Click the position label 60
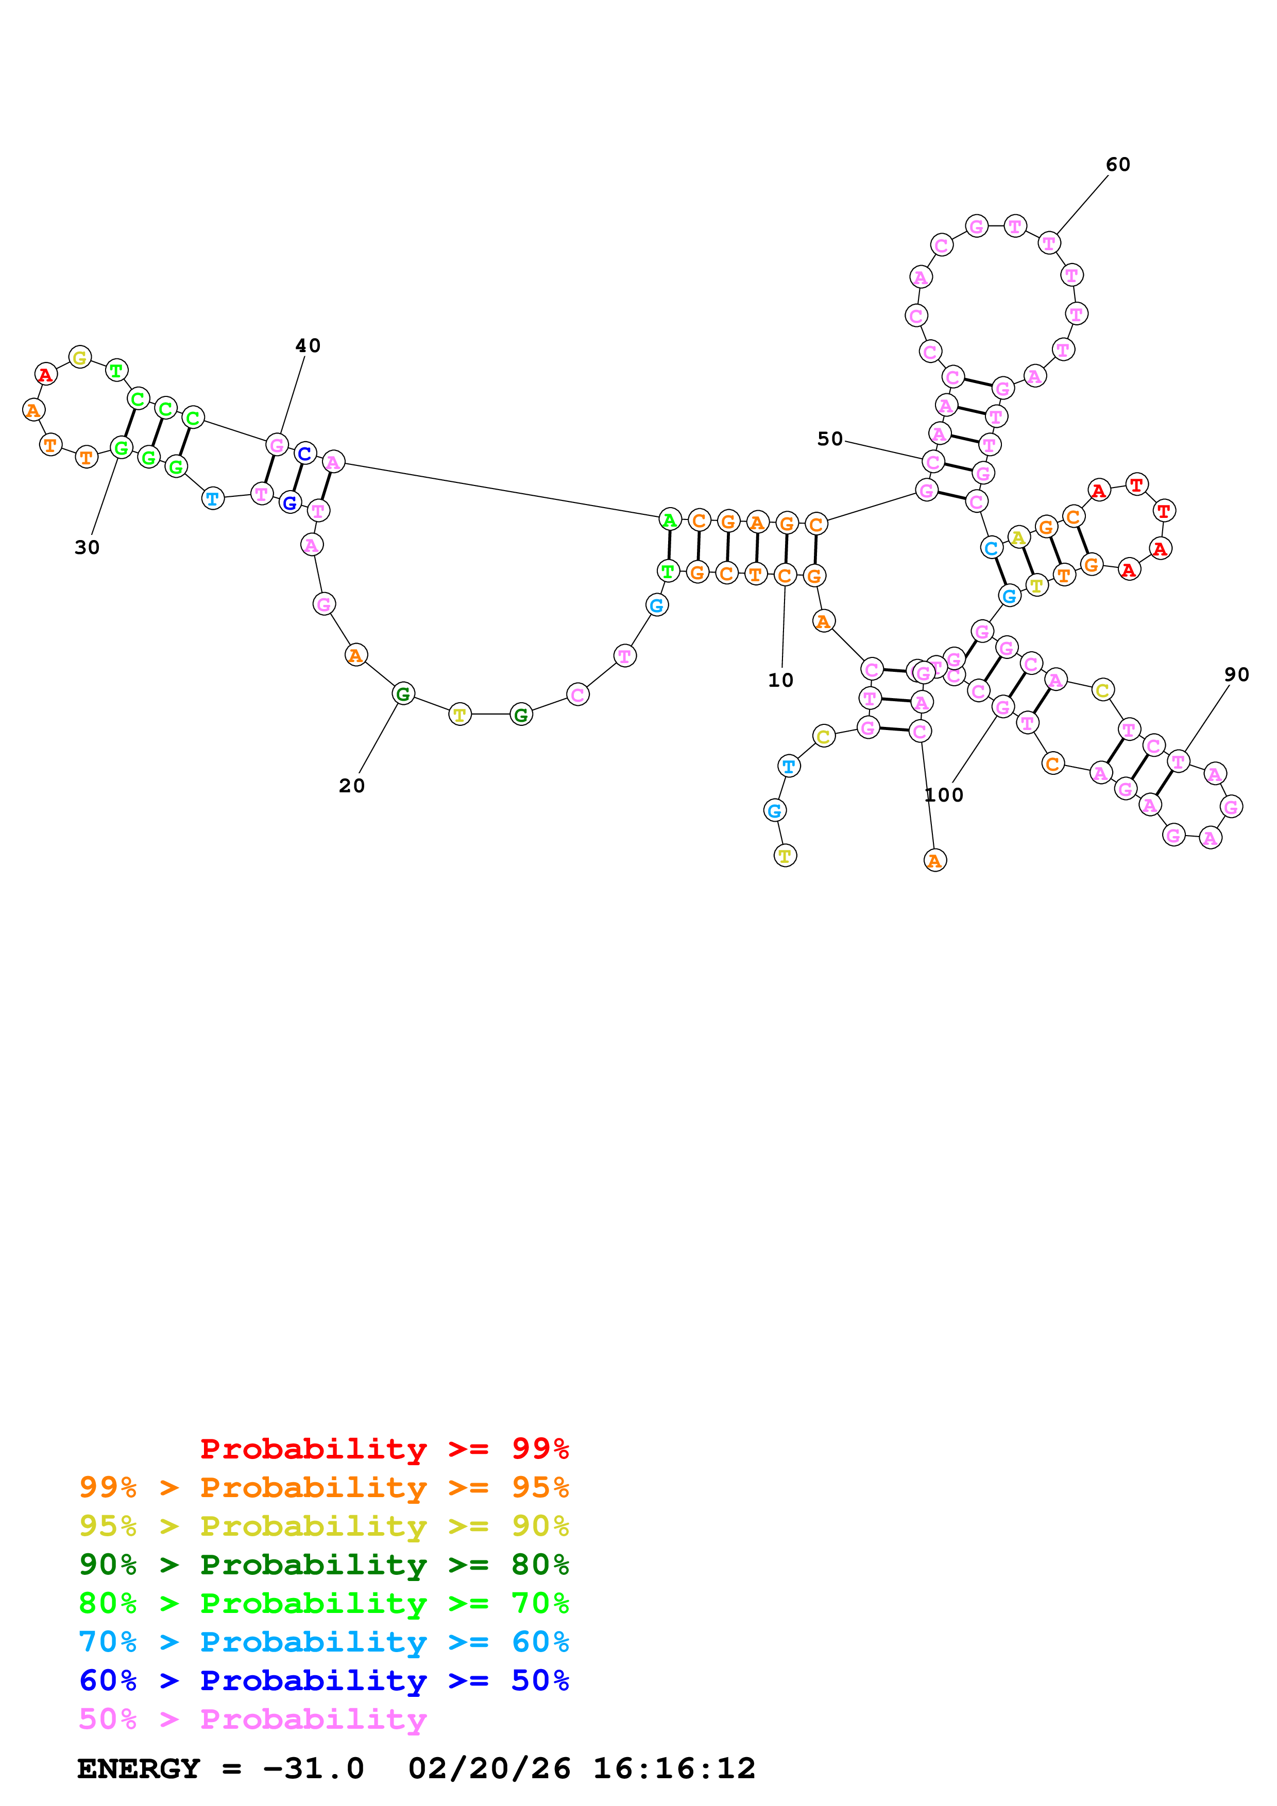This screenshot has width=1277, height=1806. [1117, 164]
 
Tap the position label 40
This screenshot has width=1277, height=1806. [308, 345]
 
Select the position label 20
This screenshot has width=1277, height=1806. [352, 786]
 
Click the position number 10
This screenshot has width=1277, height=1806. [780, 681]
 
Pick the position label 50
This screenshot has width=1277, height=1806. [829, 439]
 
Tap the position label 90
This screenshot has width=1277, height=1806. [1236, 675]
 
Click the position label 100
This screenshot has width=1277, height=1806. [943, 795]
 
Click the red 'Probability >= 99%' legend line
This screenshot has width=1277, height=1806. [384, 1449]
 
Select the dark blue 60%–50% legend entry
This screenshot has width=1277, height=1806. [323, 1681]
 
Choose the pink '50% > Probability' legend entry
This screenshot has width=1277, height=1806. [252, 1720]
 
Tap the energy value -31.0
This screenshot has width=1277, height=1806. [313, 1769]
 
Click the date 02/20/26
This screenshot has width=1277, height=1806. [489, 1769]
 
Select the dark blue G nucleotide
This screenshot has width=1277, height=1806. [291, 502]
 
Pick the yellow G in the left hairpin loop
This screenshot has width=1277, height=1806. [79, 358]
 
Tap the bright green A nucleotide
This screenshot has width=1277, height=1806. [670, 519]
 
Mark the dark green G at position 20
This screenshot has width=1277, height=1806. [403, 694]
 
